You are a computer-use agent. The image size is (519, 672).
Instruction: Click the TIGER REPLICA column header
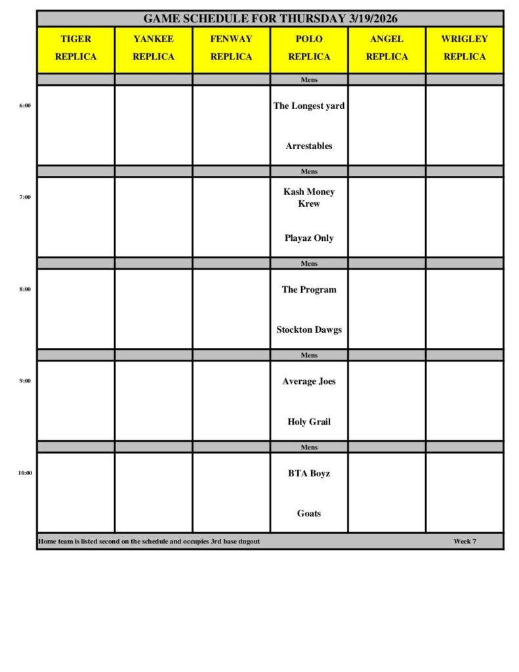pyautogui.click(x=75, y=48)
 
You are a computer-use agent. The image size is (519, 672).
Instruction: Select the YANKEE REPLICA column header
pyautogui.click(x=154, y=48)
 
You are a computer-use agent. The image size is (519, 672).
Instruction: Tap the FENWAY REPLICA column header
pyautogui.click(x=231, y=48)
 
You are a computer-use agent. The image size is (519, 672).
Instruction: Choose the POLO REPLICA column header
pyautogui.click(x=309, y=48)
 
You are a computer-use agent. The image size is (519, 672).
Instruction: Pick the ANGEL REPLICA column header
pyautogui.click(x=386, y=48)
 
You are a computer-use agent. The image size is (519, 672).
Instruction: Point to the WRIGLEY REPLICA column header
pyautogui.click(x=465, y=48)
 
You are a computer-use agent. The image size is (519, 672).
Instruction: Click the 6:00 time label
pyautogui.click(x=25, y=105)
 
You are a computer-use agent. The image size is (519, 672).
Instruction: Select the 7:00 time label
pyautogui.click(x=25, y=197)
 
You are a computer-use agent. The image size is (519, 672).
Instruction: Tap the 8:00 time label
pyautogui.click(x=25, y=289)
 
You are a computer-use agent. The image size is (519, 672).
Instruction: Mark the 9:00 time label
pyautogui.click(x=25, y=381)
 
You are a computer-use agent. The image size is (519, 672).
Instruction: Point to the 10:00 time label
pyautogui.click(x=25, y=472)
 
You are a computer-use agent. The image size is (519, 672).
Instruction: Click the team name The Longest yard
pyautogui.click(x=309, y=106)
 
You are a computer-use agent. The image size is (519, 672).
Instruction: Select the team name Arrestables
pyautogui.click(x=309, y=146)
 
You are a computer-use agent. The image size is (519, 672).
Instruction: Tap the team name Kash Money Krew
pyautogui.click(x=309, y=198)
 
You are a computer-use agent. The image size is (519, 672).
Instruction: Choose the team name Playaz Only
pyautogui.click(x=309, y=238)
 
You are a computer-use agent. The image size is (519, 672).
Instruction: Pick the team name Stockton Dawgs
pyautogui.click(x=309, y=330)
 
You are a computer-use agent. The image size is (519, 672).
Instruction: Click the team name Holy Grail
pyautogui.click(x=309, y=422)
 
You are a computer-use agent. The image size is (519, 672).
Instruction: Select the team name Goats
pyautogui.click(x=309, y=514)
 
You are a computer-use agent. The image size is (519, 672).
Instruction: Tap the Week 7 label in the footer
pyautogui.click(x=465, y=541)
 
